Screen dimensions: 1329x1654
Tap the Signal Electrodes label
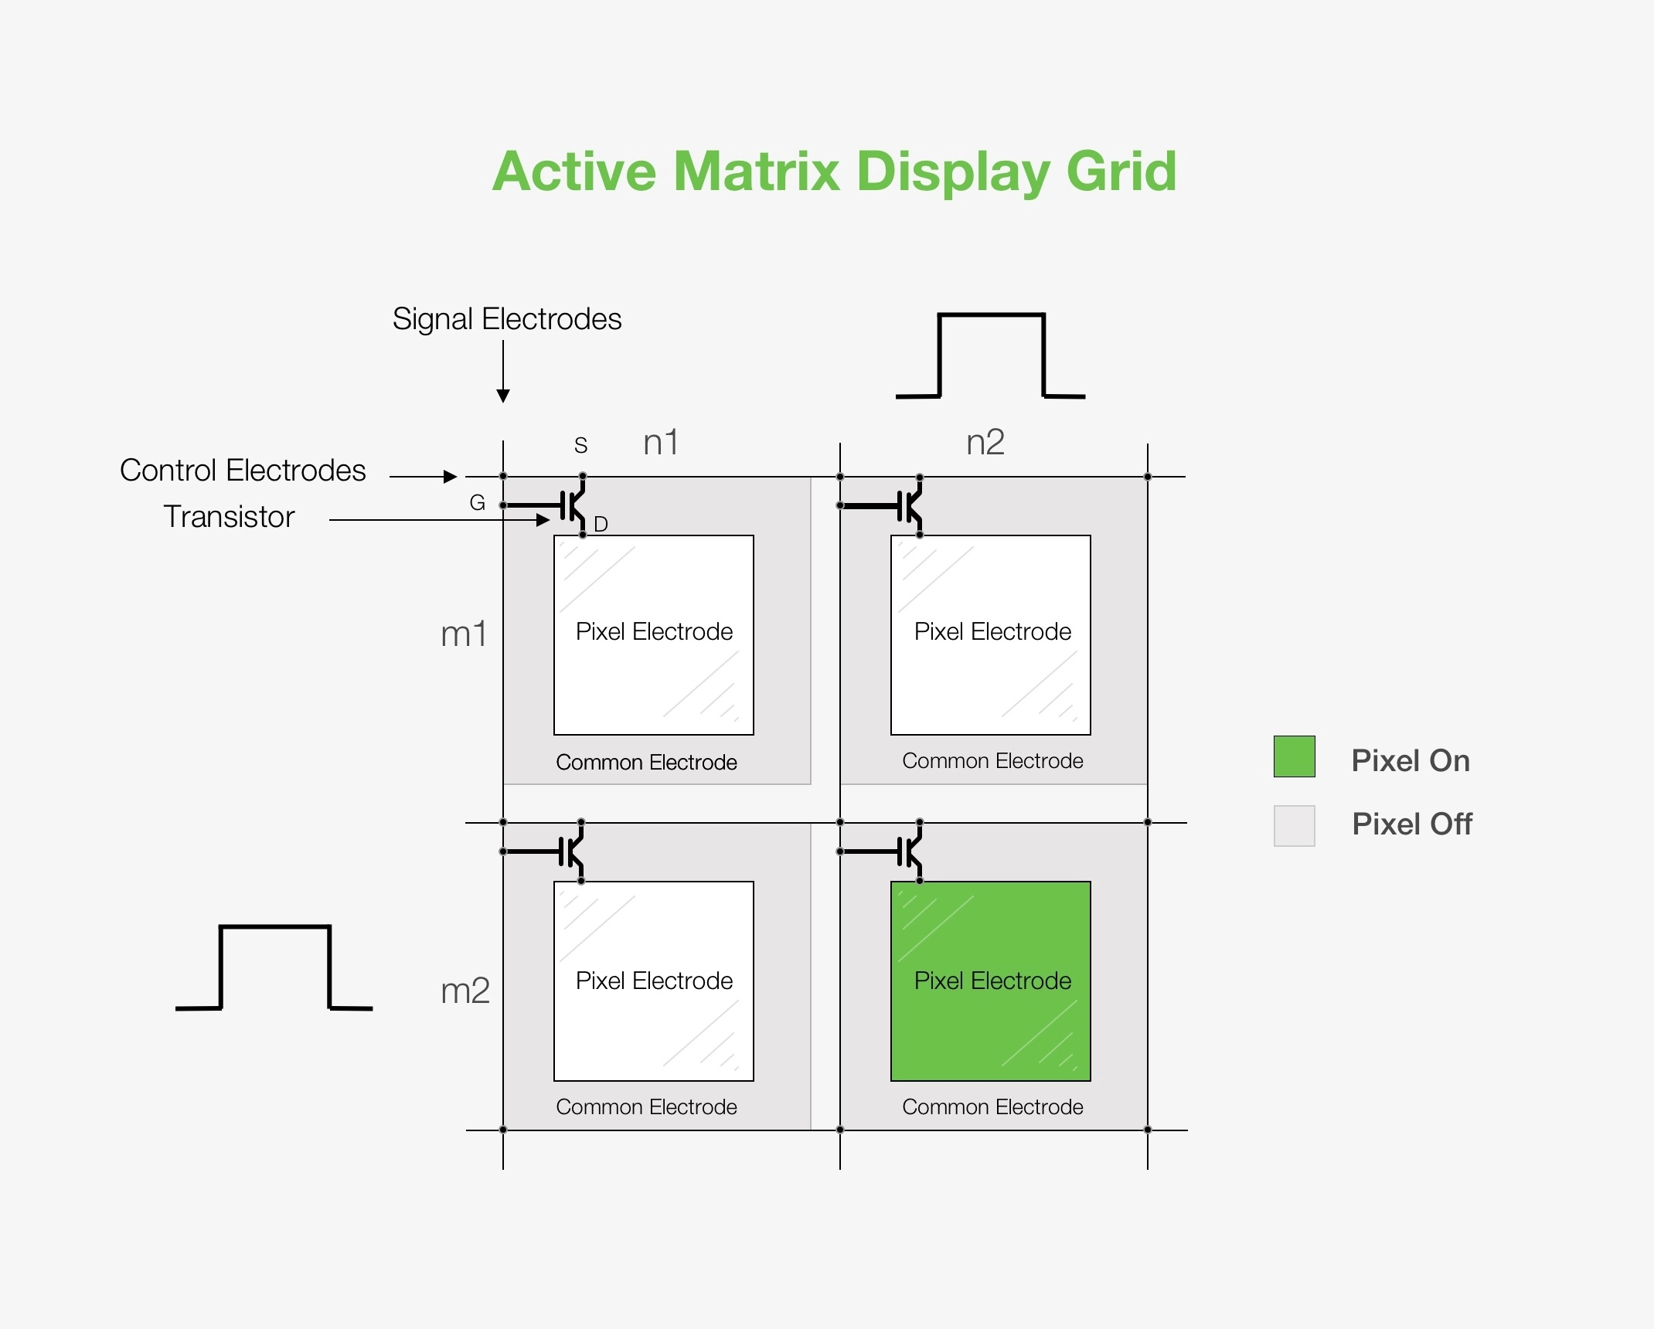pos(506,319)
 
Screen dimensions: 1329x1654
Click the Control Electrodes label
pos(242,471)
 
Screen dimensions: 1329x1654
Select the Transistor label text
pos(229,517)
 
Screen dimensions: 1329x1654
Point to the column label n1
pos(661,443)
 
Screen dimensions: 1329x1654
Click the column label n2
pos(985,443)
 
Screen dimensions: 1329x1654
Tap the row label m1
pos(464,634)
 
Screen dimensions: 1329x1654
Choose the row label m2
pos(465,991)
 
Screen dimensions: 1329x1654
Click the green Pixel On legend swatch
pos(1294,756)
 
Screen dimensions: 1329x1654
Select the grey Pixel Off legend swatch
pos(1294,826)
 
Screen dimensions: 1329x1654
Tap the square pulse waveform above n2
pos(991,355)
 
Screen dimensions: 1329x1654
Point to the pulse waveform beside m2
pos(274,967)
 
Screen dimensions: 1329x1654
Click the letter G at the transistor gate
pos(477,503)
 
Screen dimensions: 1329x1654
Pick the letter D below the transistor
pos(601,525)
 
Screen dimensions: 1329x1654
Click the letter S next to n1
pos(581,445)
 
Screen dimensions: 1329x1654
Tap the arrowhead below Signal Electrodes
pos(503,396)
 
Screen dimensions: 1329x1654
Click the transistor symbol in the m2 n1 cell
pos(572,851)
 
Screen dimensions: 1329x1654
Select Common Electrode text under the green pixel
pos(992,1107)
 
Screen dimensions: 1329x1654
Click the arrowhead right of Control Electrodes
pos(450,477)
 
